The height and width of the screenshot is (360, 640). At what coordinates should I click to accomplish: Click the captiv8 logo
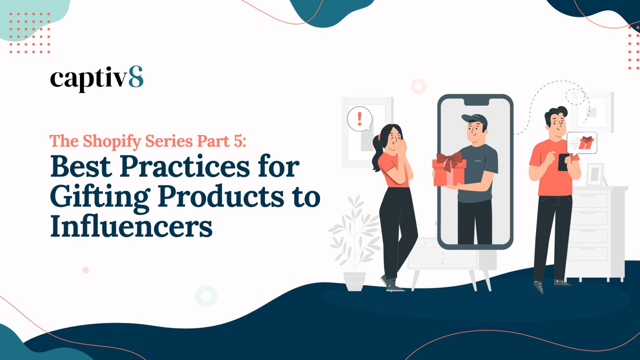click(x=97, y=79)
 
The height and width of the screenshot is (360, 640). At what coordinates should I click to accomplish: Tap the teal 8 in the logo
click(x=136, y=77)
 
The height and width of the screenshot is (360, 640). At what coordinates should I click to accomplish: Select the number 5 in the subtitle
click(x=238, y=141)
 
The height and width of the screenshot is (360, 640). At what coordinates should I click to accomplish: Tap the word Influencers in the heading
click(x=131, y=227)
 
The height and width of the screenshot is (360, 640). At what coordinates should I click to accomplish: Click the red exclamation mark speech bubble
click(x=360, y=119)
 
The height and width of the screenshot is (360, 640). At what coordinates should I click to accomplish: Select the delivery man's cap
click(x=474, y=120)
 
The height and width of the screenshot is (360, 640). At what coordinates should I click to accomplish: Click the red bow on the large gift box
click(x=449, y=160)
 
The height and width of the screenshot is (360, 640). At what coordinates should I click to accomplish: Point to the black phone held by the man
click(x=563, y=162)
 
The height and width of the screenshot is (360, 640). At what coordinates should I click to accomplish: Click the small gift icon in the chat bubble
click(x=586, y=142)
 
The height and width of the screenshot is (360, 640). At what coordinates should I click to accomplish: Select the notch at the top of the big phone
click(x=475, y=102)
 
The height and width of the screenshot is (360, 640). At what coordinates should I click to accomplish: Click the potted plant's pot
click(x=354, y=282)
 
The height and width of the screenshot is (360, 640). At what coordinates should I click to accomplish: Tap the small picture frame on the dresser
click(x=595, y=175)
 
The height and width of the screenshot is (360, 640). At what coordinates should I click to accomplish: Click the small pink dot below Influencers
click(x=85, y=270)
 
